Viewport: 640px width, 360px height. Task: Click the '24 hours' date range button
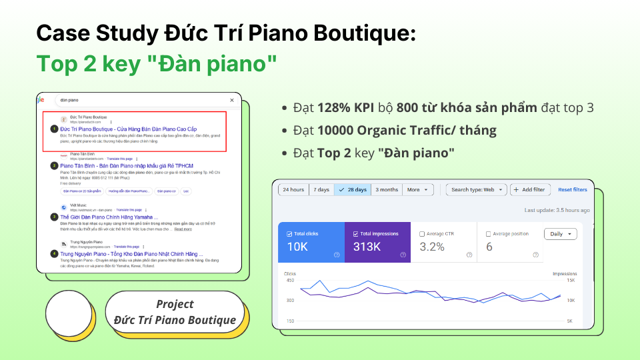click(293, 190)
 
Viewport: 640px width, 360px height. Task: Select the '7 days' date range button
click(321, 190)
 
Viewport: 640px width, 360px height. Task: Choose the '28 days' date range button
click(353, 190)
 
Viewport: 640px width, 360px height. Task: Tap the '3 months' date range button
click(387, 190)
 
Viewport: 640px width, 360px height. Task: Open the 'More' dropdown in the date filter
click(418, 190)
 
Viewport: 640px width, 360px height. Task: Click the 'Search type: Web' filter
click(476, 190)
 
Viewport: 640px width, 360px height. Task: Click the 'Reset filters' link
click(572, 190)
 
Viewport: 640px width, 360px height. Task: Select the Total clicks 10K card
click(311, 242)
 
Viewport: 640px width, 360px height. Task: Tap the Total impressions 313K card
click(377, 242)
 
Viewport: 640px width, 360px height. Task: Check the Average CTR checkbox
click(423, 234)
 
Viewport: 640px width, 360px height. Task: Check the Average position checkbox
click(489, 234)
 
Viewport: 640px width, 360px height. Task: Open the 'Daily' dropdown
click(560, 234)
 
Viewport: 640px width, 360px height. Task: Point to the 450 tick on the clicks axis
click(289, 281)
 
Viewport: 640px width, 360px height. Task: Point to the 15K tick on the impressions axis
click(571, 281)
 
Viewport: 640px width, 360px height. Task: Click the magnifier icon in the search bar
click(231, 100)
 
